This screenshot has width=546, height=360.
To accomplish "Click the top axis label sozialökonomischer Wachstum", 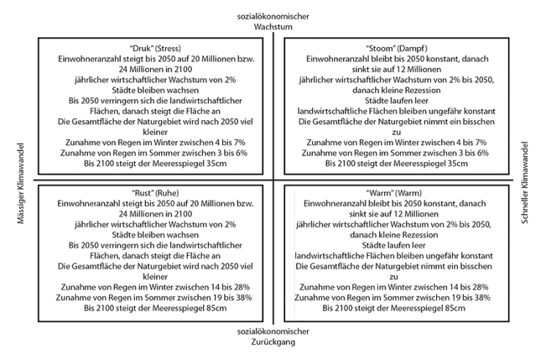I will tap(273, 21).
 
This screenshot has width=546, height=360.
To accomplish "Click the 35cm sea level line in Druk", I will tap(154, 164).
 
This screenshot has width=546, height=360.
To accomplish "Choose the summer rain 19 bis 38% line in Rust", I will tap(154, 298).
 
